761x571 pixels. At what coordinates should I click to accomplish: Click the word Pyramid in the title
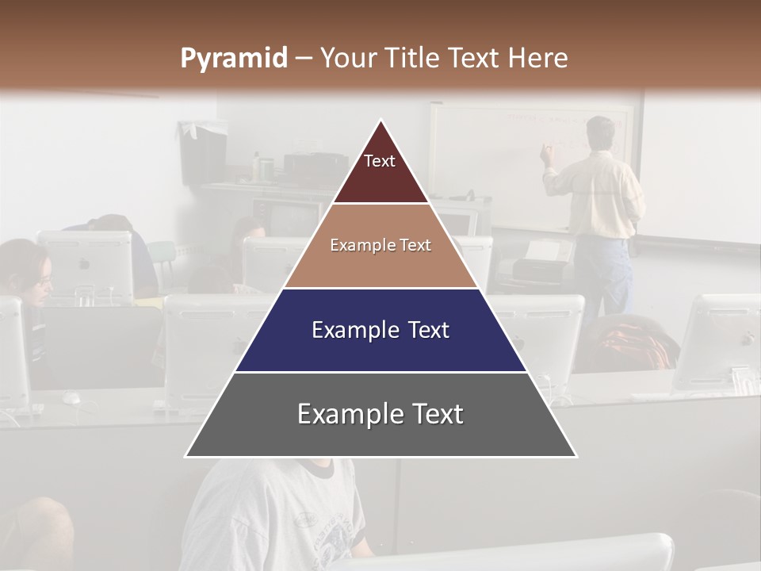coord(234,59)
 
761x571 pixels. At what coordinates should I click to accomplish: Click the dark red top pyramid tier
coord(380,171)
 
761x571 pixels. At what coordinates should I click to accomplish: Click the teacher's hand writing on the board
coord(546,153)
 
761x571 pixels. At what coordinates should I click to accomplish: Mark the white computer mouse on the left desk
coord(71,397)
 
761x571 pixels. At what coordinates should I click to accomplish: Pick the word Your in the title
coord(349,59)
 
